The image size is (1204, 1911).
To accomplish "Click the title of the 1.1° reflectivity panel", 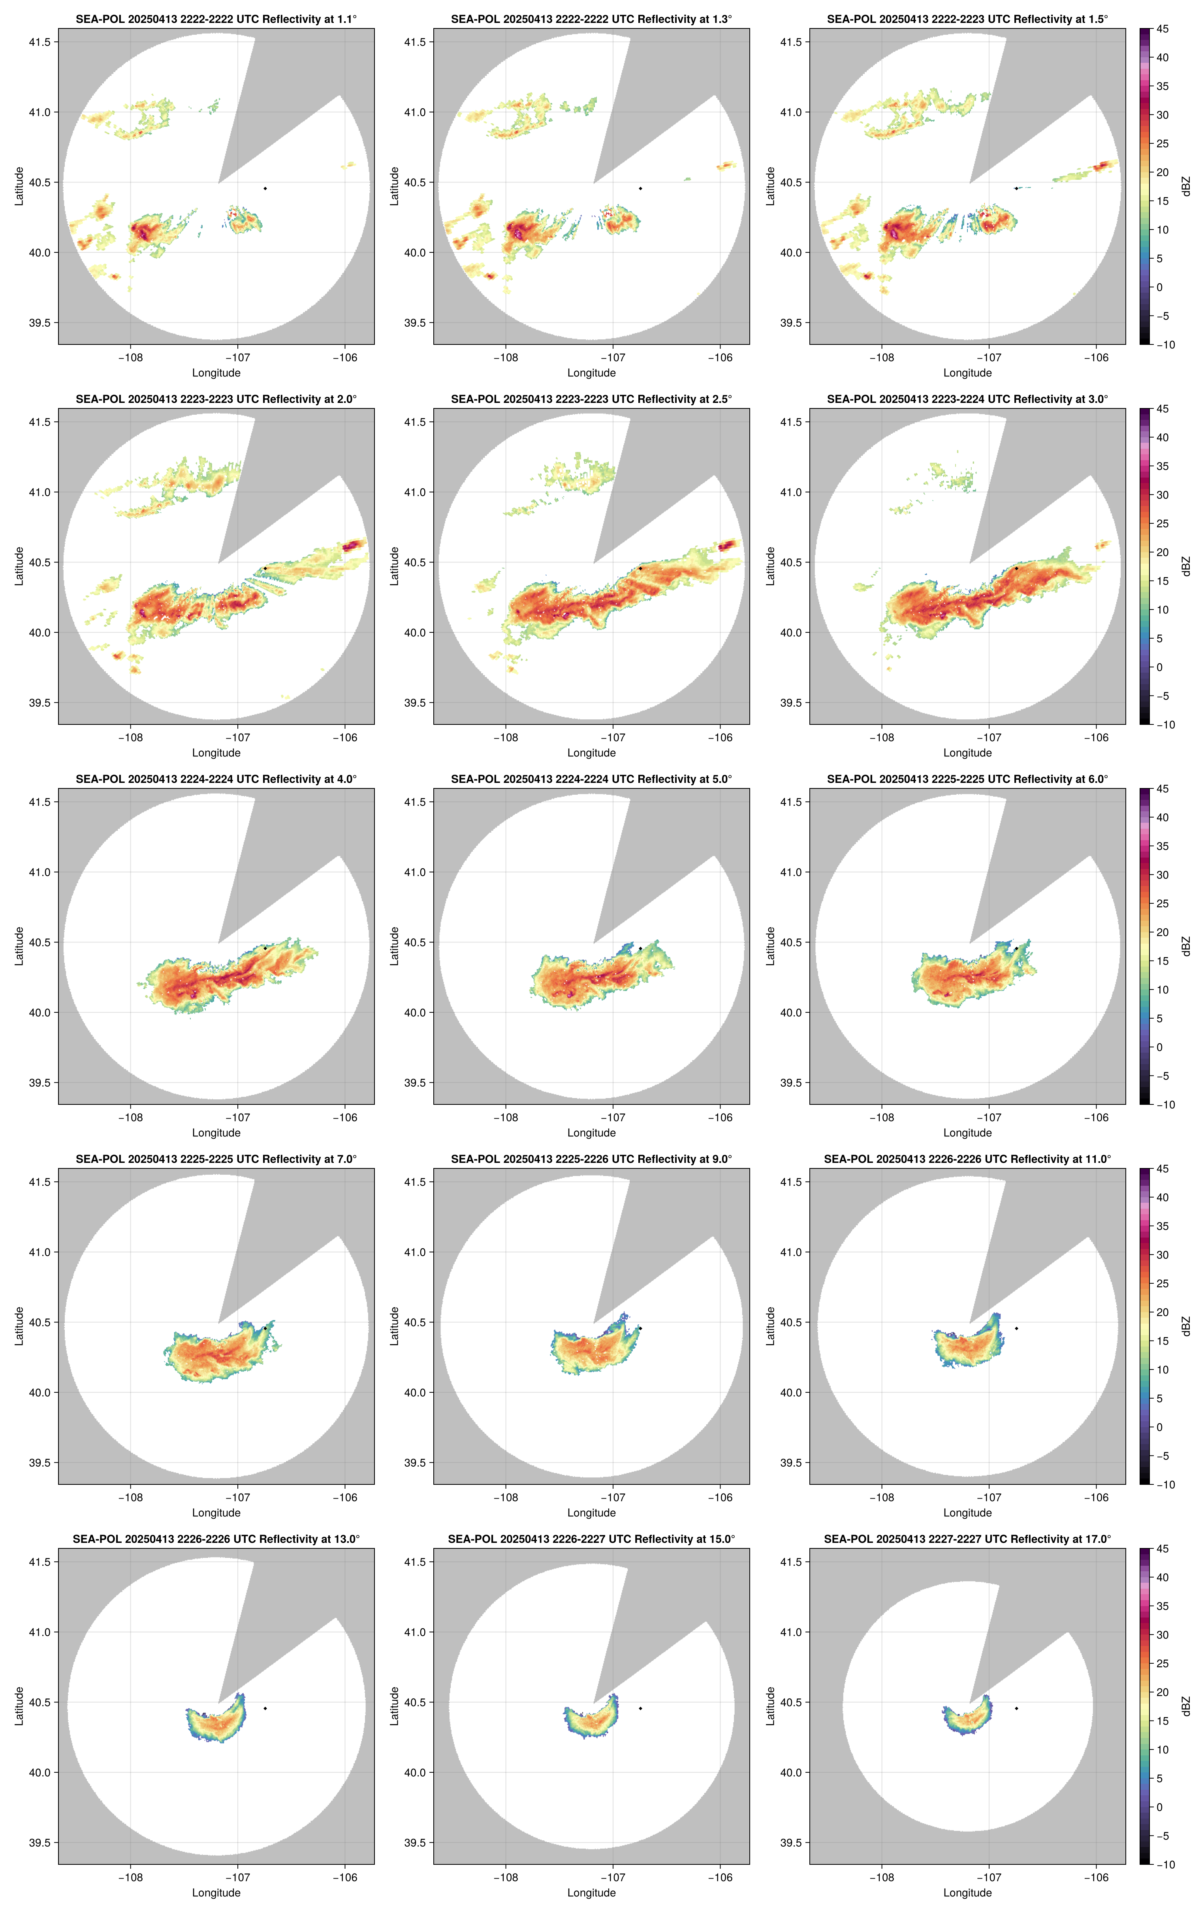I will [x=216, y=19].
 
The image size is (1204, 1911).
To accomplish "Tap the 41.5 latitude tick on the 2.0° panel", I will [x=40, y=422].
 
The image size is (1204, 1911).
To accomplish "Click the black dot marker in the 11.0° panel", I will [x=1016, y=1328].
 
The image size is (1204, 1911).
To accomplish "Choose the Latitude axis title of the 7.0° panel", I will [x=19, y=1326].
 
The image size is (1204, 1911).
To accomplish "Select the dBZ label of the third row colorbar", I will [x=1186, y=946].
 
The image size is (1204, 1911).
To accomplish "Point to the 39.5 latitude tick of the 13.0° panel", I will [x=40, y=1843].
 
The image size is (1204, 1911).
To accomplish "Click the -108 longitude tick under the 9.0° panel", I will [x=506, y=1497].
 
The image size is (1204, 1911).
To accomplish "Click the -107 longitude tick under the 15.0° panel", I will [x=613, y=1878].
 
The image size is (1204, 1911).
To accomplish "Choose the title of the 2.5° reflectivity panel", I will [x=591, y=399].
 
